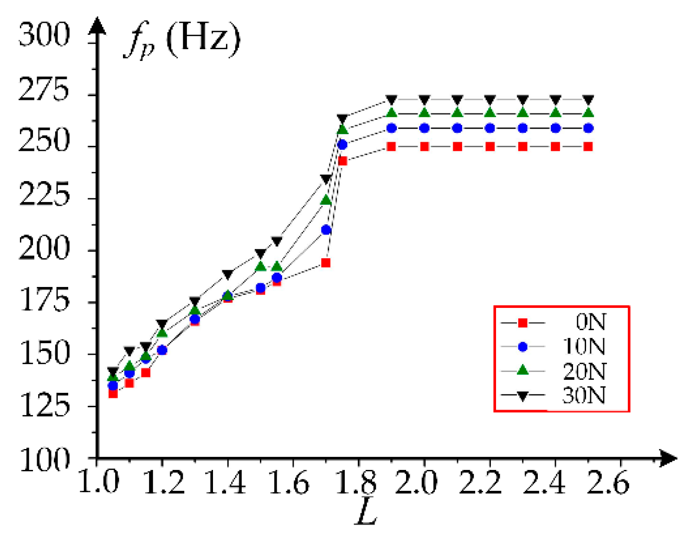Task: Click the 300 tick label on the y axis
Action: (44, 35)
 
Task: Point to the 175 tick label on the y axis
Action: (44, 300)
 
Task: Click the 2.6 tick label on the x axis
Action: (608, 482)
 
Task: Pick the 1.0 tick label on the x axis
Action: (99, 482)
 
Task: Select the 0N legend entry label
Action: (591, 322)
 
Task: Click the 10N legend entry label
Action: (584, 346)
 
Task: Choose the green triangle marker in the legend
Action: (522, 371)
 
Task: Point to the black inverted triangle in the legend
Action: (522, 396)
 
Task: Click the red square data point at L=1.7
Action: (326, 263)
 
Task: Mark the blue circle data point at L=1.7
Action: (326, 230)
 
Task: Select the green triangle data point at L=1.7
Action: (326, 200)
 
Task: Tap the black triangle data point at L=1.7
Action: (326, 179)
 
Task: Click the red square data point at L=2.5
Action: (588, 147)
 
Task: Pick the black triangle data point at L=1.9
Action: (391, 100)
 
